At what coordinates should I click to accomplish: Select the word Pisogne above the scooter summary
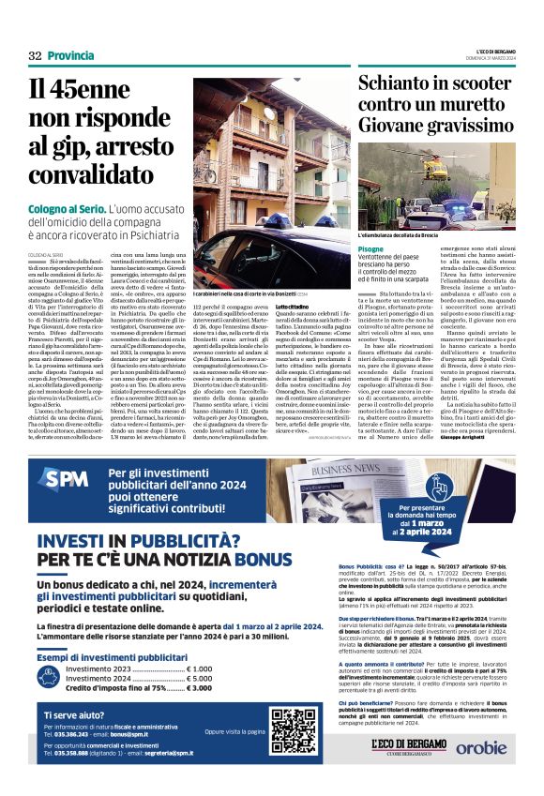[370, 248]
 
